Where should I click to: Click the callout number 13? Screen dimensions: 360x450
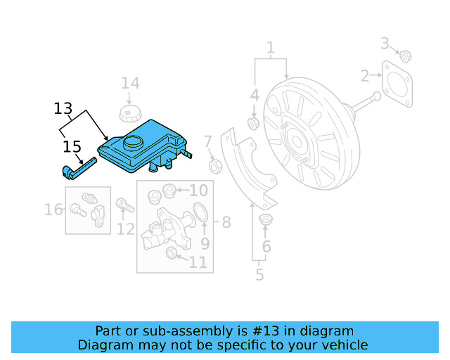point(63,108)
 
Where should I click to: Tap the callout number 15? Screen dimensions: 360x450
point(72,147)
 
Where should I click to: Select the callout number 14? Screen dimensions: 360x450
point(130,84)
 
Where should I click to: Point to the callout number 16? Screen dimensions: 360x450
point(53,210)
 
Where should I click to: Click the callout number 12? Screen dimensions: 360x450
point(126,229)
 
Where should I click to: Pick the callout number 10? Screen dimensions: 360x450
point(199,190)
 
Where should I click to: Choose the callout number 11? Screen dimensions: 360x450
point(198,262)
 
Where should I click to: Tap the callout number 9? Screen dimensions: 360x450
point(205,244)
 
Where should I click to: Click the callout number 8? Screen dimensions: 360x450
point(226,223)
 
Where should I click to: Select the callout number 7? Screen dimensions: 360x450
point(208,143)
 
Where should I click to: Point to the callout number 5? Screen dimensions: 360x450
point(259,275)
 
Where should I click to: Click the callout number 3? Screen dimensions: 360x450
point(385,44)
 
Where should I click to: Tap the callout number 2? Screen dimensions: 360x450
point(365,75)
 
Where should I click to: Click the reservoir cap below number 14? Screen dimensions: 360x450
point(129,115)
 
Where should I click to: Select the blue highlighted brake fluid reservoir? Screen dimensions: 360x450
point(141,146)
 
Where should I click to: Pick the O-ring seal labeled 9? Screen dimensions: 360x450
point(200,212)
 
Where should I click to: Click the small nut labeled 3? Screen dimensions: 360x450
point(406,55)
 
